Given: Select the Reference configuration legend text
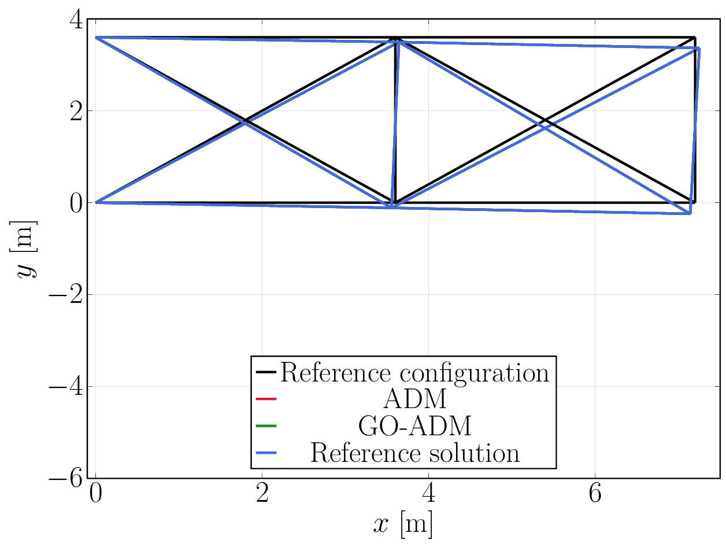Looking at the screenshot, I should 414,373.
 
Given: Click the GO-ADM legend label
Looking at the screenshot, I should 414,426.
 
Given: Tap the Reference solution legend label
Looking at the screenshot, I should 414,453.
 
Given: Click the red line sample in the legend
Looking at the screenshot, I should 266,399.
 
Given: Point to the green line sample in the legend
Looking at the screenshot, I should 266,426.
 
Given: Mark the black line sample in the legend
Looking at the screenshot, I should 266,372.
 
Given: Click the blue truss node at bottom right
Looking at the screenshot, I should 690,213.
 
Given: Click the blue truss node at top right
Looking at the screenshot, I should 699,49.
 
